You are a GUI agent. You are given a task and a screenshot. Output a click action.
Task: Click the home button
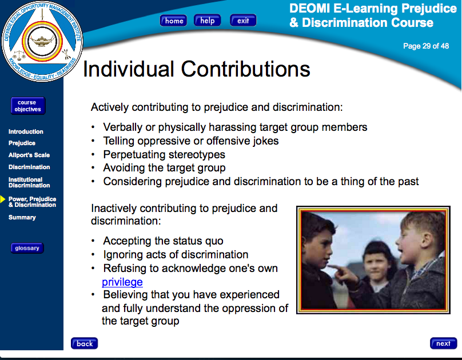tap(173, 21)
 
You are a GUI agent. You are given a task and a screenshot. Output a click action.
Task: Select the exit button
tap(243, 21)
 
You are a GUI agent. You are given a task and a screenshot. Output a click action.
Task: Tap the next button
tap(444, 343)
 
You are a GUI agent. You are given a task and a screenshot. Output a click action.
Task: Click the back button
tap(84, 343)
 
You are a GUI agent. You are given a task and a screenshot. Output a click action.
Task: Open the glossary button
tap(27, 248)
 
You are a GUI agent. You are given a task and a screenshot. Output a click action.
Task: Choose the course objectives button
tap(28, 106)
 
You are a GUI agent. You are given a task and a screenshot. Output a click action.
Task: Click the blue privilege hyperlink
tap(122, 282)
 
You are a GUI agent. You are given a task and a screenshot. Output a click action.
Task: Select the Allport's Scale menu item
tap(29, 155)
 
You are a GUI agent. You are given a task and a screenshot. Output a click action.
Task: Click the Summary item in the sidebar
tap(22, 217)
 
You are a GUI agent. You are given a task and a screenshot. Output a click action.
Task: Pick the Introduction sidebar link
tap(26, 131)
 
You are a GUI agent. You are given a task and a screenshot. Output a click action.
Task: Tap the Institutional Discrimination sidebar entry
tap(29, 182)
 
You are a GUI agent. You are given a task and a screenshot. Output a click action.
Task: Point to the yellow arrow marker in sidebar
tap(3, 199)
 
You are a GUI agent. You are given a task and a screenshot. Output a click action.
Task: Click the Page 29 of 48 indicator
tap(426, 46)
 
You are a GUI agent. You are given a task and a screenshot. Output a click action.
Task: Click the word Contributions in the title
tap(245, 69)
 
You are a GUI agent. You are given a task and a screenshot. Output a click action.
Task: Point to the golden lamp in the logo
tap(42, 41)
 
